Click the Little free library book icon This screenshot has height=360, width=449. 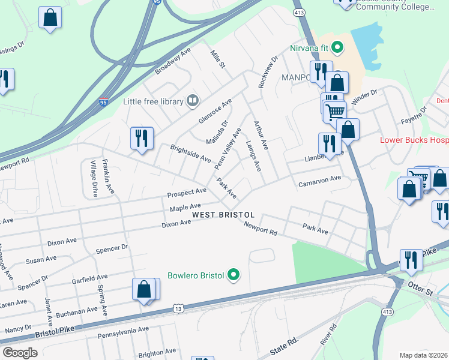tap(193, 101)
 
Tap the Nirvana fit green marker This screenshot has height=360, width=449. tap(337, 46)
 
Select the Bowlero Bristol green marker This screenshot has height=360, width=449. tap(235, 276)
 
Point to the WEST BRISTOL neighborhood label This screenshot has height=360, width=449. tap(223, 215)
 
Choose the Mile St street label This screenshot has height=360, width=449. tap(217, 59)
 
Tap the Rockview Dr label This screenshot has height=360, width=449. tap(268, 73)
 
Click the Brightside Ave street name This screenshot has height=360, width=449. tap(190, 154)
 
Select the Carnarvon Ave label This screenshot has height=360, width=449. tap(319, 181)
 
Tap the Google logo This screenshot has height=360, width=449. tap(20, 353)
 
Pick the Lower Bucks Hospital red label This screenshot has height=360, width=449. tap(414, 140)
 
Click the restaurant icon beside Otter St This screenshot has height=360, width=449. tap(411, 260)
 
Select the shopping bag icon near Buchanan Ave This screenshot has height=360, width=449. tap(145, 290)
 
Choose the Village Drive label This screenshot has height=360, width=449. tap(94, 178)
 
